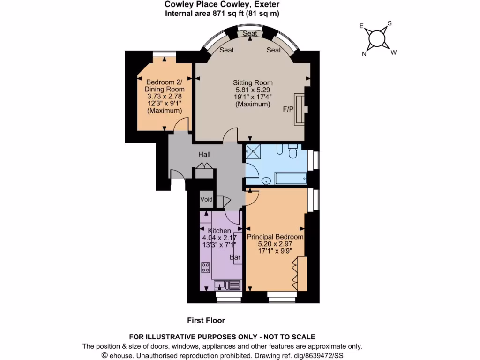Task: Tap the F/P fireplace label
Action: pyautogui.click(x=288, y=109)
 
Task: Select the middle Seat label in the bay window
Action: pyautogui.click(x=250, y=34)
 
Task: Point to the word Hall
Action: pyautogui.click(x=204, y=154)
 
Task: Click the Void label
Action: pyautogui.click(x=206, y=200)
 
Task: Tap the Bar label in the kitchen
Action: pyautogui.click(x=235, y=257)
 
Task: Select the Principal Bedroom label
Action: pyautogui.click(x=275, y=237)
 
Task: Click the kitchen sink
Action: pyautogui.click(x=228, y=284)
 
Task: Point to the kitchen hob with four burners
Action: pyautogui.click(x=205, y=268)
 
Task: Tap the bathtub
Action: pyautogui.click(x=291, y=179)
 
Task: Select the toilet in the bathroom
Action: pyautogui.click(x=293, y=152)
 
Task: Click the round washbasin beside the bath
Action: pyautogui.click(x=266, y=180)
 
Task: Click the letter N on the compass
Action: pyautogui.click(x=364, y=54)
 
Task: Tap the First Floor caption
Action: pyautogui.click(x=206, y=321)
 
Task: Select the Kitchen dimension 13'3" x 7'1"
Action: pyautogui.click(x=218, y=244)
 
